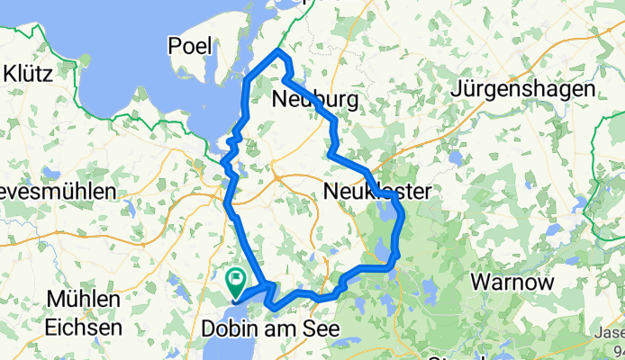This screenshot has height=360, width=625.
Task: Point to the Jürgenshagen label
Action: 537,90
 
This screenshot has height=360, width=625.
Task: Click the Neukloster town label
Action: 376,191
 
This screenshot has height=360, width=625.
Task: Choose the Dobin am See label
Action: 271,329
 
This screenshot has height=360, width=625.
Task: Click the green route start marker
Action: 236,280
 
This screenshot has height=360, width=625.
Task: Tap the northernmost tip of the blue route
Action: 280,52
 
